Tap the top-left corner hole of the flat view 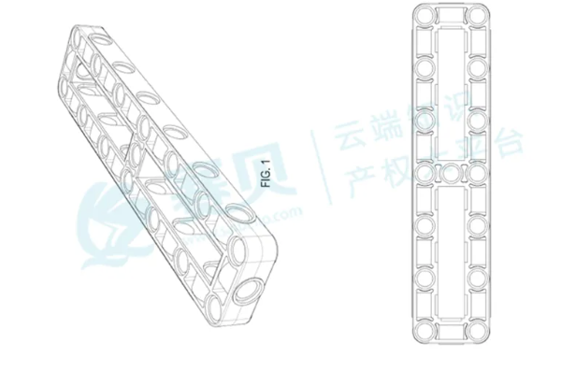tap(424, 19)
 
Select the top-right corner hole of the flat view tap(481, 19)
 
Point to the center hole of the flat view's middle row tap(453, 174)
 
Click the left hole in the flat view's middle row tap(424, 174)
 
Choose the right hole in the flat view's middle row tap(481, 174)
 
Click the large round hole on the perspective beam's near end tap(245, 291)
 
